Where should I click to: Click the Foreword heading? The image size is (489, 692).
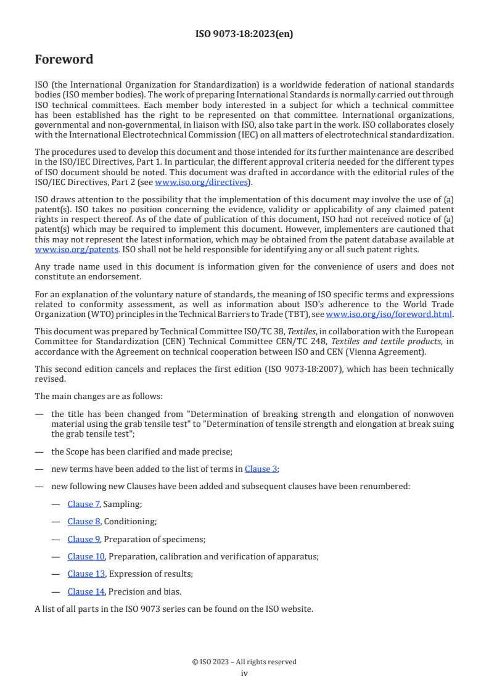[x=64, y=60]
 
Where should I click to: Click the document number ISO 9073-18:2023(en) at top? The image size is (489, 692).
[x=244, y=34]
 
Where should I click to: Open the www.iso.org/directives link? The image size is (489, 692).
[x=201, y=182]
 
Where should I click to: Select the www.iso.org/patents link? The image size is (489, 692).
[x=59, y=250]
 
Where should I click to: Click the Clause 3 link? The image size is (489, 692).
[x=261, y=468]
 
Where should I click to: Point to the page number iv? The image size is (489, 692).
[x=244, y=673]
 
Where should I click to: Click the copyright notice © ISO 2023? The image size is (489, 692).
[x=244, y=662]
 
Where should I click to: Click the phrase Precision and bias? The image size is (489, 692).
[x=145, y=591]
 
